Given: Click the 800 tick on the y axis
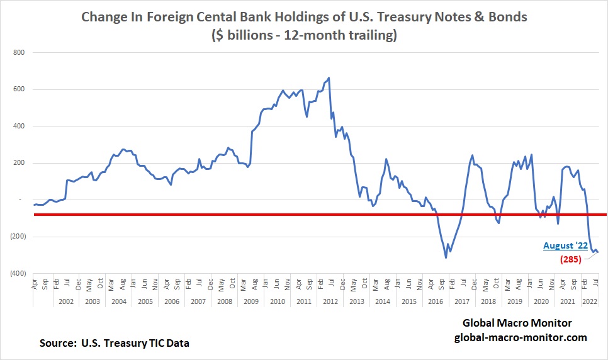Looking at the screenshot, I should pos(20,52).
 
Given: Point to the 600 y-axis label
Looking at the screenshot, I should pos(20,89).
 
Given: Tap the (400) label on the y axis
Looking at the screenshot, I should pos(17,274).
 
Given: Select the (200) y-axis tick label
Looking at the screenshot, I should pos(17,237).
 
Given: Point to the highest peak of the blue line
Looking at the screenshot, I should pos(329,78).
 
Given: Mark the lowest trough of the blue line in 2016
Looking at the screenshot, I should pos(446,257).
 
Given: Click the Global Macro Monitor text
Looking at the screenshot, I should pos(517,323).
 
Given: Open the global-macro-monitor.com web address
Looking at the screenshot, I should pos(521,337).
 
